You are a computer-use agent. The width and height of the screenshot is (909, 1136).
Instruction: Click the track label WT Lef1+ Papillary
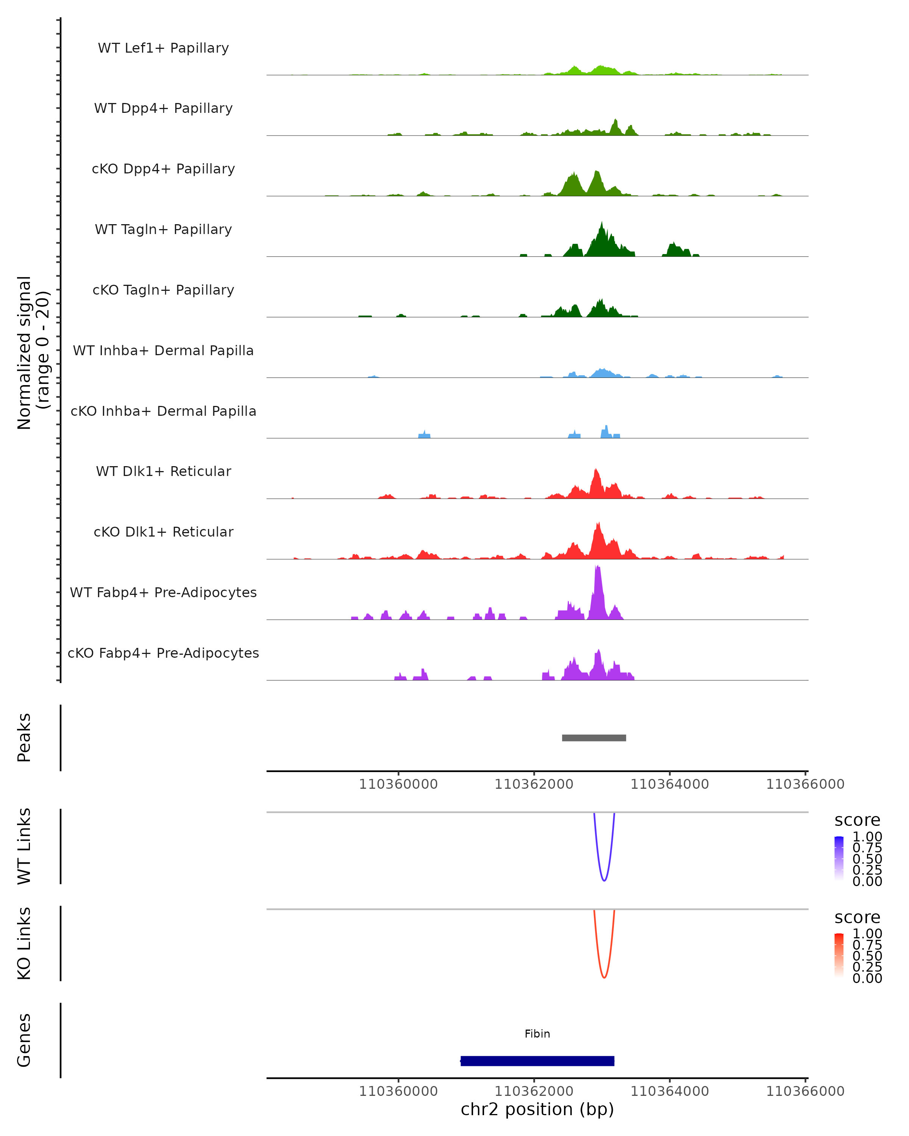point(163,48)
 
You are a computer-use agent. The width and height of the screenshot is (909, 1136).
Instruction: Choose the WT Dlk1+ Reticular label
point(163,471)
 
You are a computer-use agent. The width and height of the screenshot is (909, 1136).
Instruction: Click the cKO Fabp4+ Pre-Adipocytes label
point(163,653)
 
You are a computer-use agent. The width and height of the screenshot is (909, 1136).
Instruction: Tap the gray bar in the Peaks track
point(594,738)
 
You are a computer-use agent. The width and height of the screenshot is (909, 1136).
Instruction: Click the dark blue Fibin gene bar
point(537,1061)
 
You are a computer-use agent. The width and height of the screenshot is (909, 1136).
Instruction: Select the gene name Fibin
point(537,1034)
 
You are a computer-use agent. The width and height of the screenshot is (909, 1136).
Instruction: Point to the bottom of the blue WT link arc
point(604,880)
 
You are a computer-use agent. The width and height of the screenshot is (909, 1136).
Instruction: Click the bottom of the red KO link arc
point(604,977)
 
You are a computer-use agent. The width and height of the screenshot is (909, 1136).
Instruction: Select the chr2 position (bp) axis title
point(537,1109)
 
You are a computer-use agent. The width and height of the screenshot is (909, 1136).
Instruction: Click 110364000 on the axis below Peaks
point(669,785)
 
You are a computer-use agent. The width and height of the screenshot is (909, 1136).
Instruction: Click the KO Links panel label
point(24,943)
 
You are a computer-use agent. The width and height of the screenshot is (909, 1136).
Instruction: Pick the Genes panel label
point(24,1040)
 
